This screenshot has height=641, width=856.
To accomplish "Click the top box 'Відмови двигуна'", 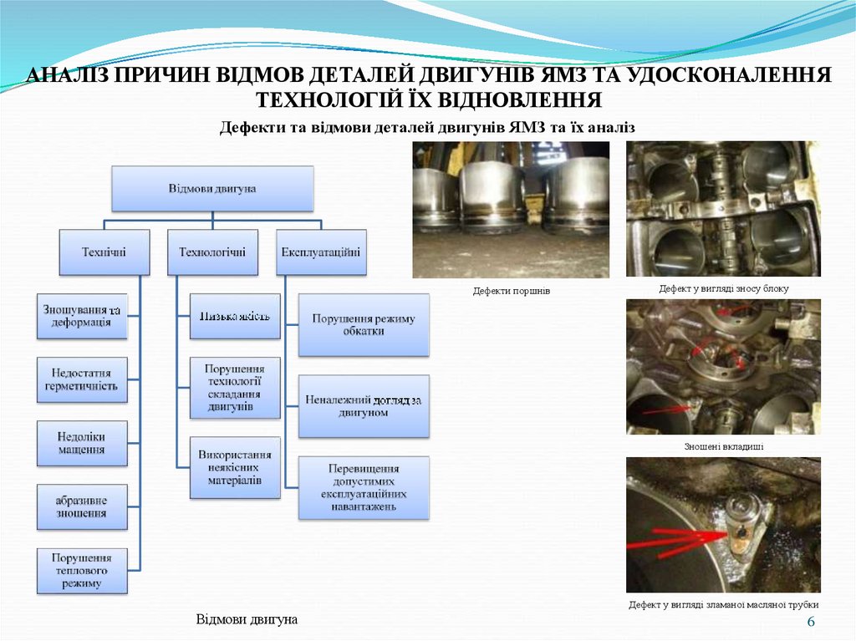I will pos(212,188).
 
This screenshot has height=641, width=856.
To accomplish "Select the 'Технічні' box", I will pos(104,252).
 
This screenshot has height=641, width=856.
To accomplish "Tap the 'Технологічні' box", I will pos(212,252).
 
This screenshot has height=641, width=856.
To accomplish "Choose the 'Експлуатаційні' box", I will pos(321,252).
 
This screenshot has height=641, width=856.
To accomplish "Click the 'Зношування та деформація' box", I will pos(82,316).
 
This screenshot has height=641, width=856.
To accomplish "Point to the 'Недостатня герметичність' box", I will pos(82,379).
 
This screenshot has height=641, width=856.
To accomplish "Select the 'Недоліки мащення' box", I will pos(82,443).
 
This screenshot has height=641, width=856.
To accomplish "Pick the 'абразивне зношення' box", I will pos(82,506).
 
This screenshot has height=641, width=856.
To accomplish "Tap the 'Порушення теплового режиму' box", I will pos(82,571).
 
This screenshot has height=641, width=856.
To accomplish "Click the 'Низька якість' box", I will pos(234,316).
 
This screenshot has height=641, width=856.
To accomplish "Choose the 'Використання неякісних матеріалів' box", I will pos(234,468).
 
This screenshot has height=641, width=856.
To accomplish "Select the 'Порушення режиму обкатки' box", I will pos(364,324).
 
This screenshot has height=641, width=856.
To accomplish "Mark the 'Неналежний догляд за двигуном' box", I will pos(364,406).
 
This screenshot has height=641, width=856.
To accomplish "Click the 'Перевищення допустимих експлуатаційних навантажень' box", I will pos(364,488).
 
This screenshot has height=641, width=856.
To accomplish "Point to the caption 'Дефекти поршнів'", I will pos(512,291).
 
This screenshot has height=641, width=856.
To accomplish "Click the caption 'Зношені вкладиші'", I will pos(724,447).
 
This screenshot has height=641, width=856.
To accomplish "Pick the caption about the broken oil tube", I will pos(724,604).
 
